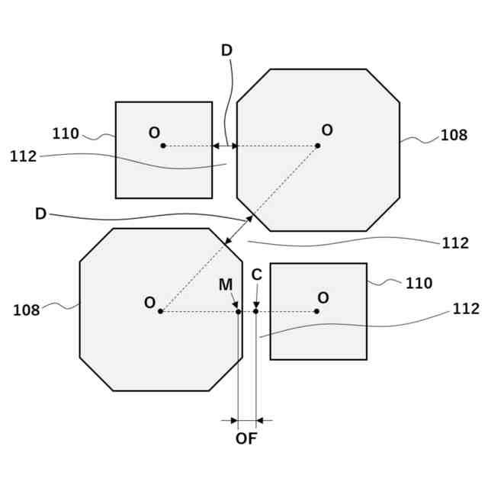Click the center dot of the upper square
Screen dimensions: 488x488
(x=163, y=146)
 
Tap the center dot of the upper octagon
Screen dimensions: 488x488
(x=317, y=146)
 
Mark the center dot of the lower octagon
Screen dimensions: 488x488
(x=160, y=311)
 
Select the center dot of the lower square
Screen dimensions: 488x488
(x=316, y=311)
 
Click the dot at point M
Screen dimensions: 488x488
(x=238, y=311)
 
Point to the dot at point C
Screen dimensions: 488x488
(x=256, y=311)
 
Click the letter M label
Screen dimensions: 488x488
(x=226, y=284)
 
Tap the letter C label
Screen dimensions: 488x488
(x=257, y=274)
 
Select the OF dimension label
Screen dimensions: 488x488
(x=246, y=439)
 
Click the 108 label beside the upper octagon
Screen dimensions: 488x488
(x=454, y=136)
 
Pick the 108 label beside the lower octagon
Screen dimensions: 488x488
(x=26, y=310)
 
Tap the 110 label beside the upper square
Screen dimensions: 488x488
(x=66, y=134)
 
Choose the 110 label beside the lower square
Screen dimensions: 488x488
(x=419, y=284)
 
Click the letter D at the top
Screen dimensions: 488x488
(x=226, y=50)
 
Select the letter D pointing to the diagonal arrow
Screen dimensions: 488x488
(x=40, y=213)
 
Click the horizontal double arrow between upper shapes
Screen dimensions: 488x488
(x=225, y=146)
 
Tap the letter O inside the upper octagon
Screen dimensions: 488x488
(x=327, y=130)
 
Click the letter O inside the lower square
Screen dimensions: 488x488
(x=323, y=297)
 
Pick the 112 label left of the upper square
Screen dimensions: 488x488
(x=24, y=156)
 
